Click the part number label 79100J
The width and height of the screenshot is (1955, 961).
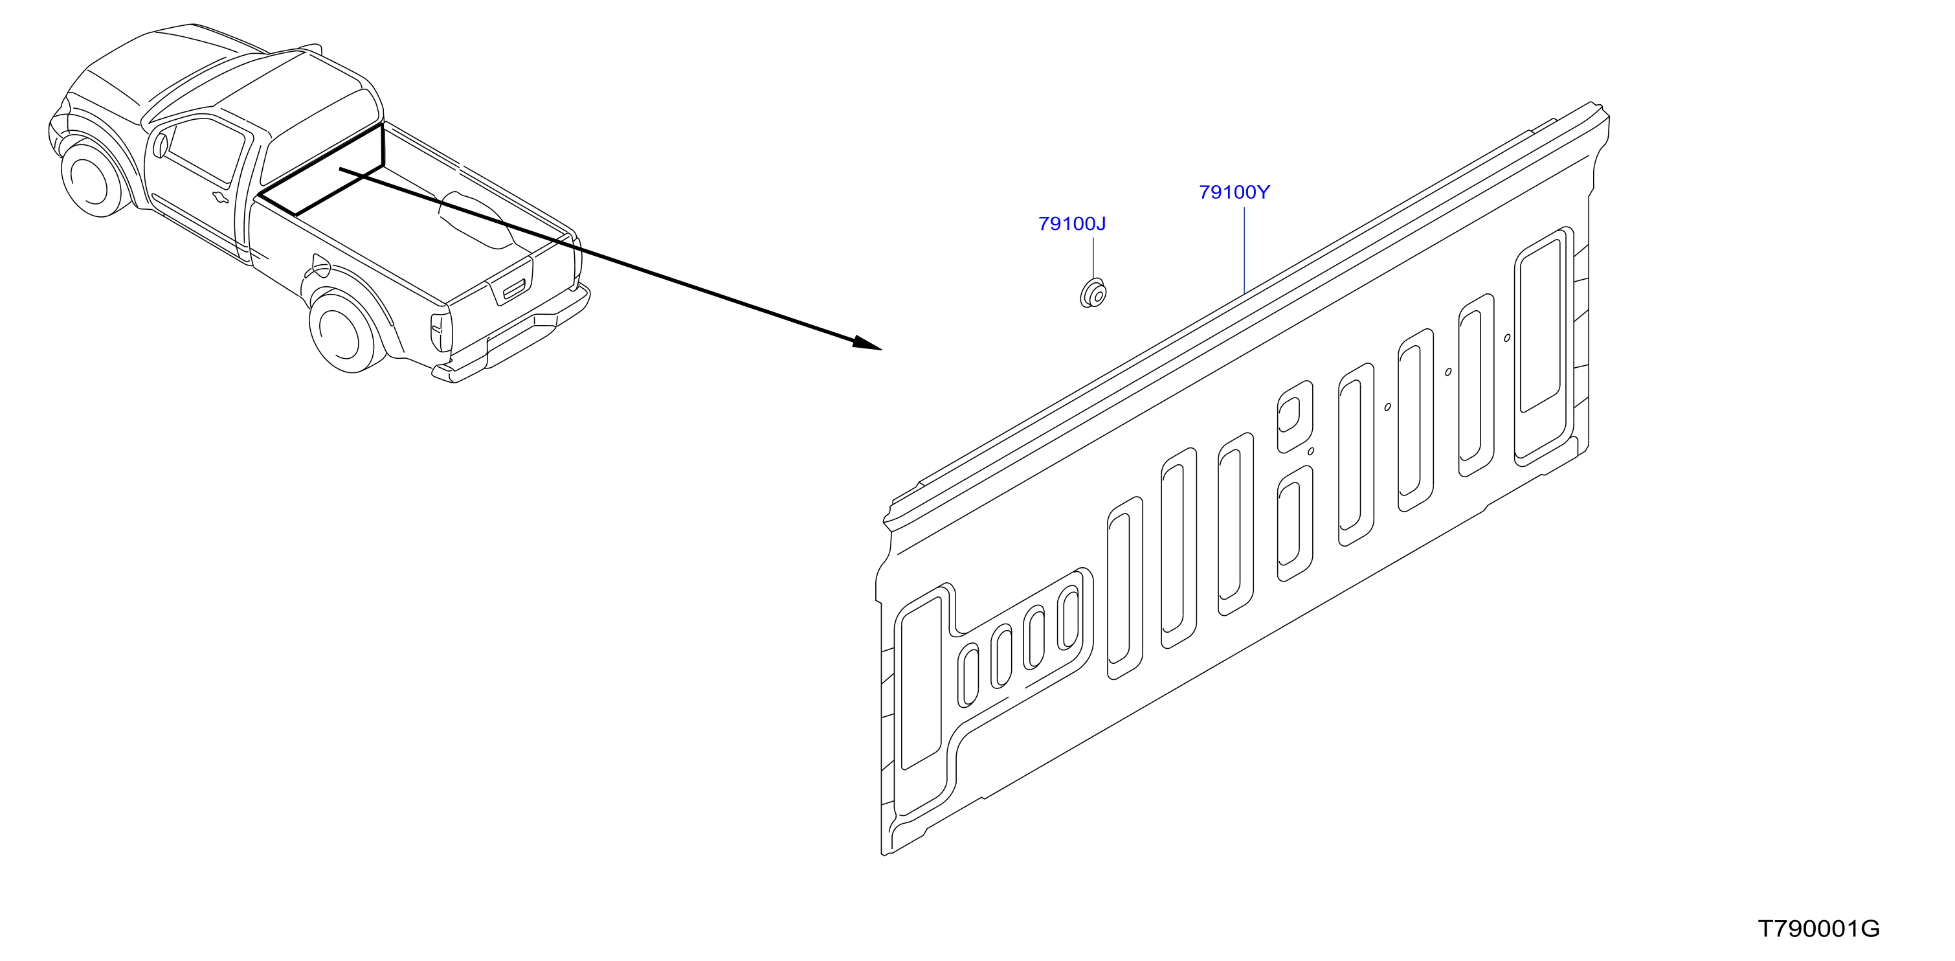coord(1071,224)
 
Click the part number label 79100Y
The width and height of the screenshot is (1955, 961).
coord(1234,193)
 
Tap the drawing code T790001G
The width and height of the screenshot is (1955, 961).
coord(1819,929)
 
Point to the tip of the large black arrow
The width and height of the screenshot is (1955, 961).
coord(882,349)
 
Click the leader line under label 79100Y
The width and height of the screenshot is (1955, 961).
coord(1245,250)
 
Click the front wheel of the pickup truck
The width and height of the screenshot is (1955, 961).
coord(93,181)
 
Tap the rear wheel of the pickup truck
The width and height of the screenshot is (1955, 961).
coord(345,332)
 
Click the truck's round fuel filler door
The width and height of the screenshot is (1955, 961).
coord(321,266)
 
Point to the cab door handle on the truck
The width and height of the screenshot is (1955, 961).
coord(219,198)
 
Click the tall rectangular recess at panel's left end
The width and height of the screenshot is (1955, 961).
coord(921,684)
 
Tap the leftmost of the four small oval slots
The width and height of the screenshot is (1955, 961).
coord(969,675)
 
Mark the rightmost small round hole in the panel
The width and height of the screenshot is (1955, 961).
coord(1507,338)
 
